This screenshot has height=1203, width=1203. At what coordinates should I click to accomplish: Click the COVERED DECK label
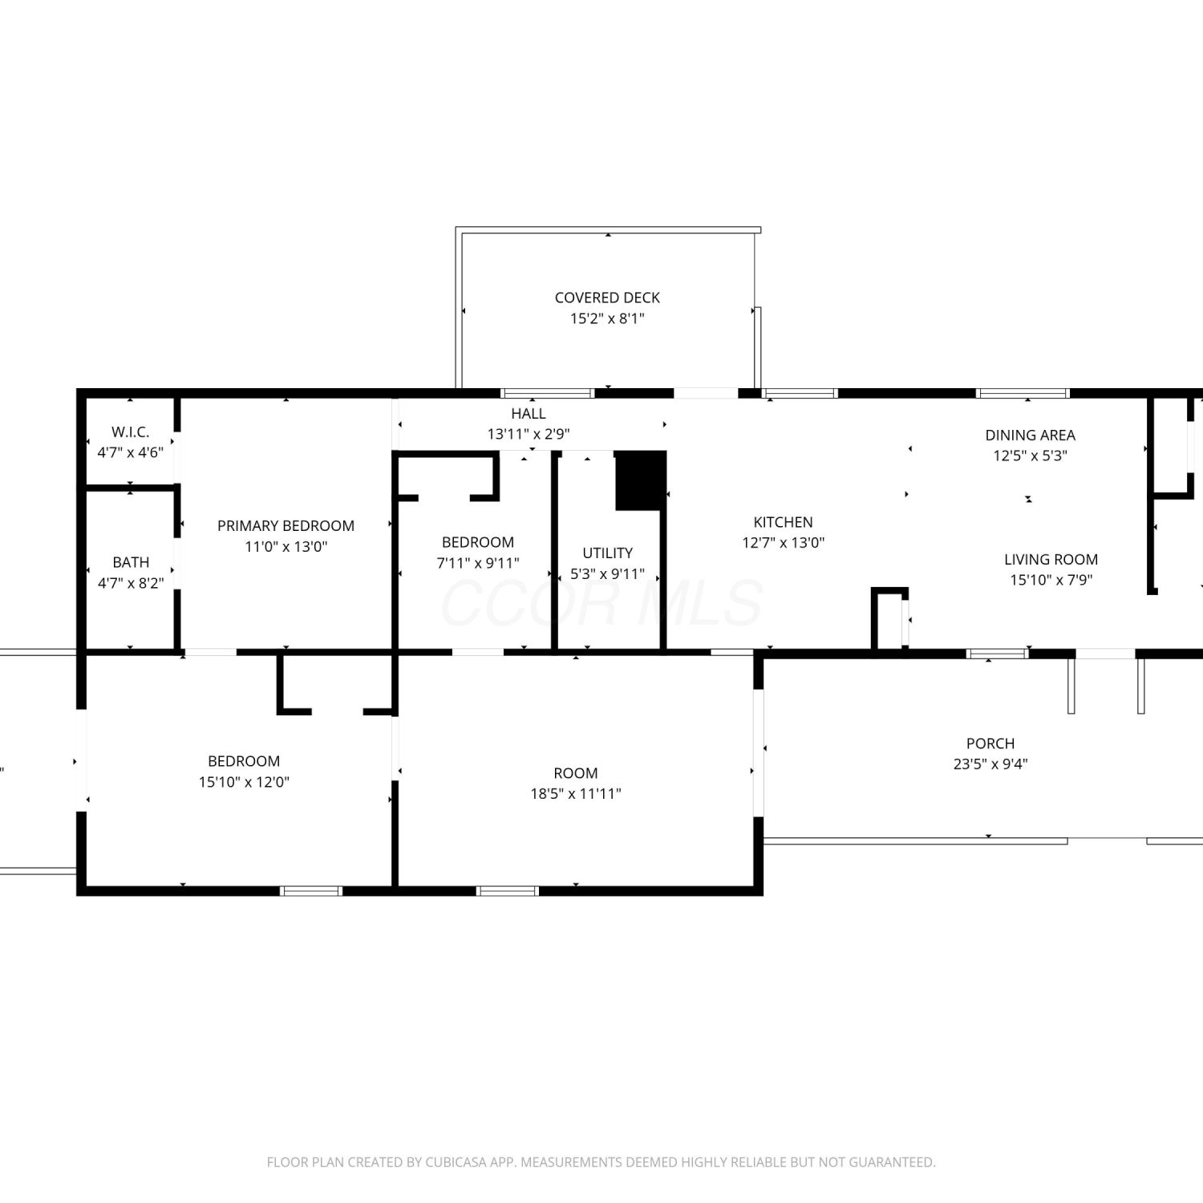pos(607,298)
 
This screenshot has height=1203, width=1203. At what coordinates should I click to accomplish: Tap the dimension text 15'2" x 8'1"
pos(607,318)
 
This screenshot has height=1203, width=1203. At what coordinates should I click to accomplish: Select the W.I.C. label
pos(130,431)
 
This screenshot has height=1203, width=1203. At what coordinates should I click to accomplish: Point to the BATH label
pos(131,562)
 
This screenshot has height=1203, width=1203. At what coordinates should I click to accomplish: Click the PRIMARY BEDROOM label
pos(286,525)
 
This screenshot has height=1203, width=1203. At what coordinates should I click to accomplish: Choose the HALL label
pos(529,413)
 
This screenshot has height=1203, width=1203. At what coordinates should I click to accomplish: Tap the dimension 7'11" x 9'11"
pos(478,563)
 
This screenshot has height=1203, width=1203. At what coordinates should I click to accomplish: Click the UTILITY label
pos(607,553)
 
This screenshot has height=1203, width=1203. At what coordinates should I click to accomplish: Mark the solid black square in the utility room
pos(641,480)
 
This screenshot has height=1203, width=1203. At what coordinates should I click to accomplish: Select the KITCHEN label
pos(783,522)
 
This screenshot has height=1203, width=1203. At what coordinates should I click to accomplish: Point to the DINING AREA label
pos(1030,435)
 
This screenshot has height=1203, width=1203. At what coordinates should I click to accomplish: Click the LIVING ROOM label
pos(1051,559)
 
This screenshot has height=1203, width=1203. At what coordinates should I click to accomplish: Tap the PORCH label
pos(990,743)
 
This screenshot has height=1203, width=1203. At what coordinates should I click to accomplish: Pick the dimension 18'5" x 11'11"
pos(576,794)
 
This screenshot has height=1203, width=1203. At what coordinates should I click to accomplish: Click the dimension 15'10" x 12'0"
pos(244,782)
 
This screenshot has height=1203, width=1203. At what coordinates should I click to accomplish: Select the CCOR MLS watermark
pos(601,603)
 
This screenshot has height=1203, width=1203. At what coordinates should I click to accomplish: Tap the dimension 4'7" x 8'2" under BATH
pos(131,583)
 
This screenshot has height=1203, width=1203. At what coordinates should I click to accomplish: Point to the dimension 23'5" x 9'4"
pos(990,764)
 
